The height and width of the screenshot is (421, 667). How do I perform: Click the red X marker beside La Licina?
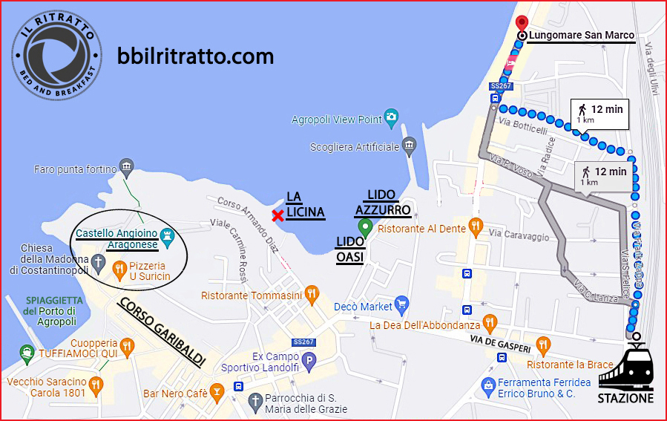point(277,216)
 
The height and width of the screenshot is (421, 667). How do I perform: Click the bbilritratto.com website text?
point(196,56)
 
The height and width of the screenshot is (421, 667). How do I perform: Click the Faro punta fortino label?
point(76,169)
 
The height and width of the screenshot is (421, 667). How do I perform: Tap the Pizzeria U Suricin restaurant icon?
point(119,268)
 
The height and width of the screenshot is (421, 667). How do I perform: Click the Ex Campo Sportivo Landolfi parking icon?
point(310,361)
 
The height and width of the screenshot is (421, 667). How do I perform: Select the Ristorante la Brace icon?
point(543,344)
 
